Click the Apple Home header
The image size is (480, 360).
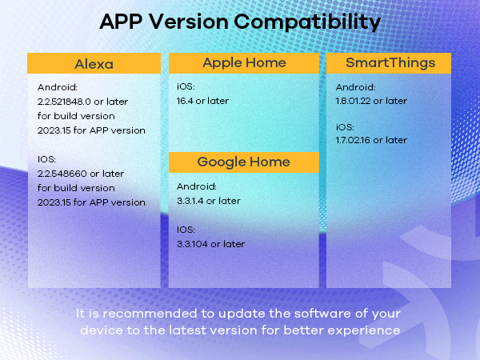244,62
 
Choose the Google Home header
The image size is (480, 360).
244,162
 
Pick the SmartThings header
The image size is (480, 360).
388,62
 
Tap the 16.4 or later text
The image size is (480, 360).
202,101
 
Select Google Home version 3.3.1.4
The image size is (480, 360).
194,201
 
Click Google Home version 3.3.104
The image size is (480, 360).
195,244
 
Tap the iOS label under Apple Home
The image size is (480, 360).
185,86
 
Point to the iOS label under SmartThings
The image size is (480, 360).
344,126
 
